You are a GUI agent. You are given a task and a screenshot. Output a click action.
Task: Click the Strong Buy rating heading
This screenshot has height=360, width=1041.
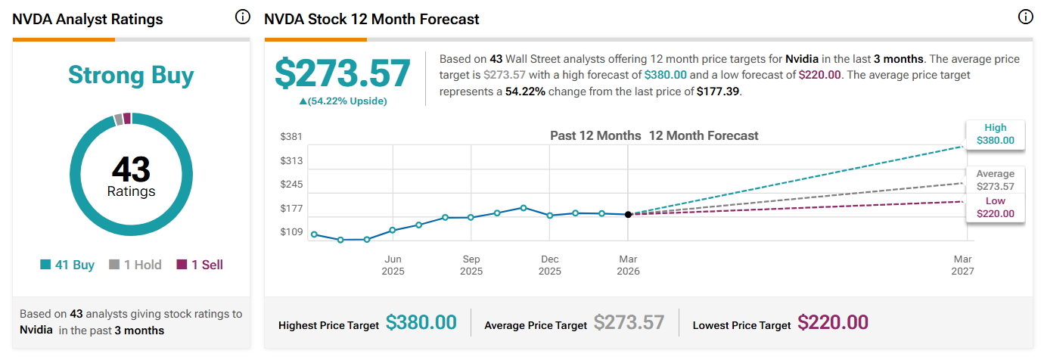coord(131,75)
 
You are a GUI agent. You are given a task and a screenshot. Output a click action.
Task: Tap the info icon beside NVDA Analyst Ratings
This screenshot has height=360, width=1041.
coord(242,17)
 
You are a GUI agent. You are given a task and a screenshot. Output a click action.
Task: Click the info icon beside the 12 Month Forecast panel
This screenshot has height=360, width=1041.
coord(1025,17)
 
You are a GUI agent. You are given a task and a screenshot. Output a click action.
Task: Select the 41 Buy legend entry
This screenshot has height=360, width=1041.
coord(67,265)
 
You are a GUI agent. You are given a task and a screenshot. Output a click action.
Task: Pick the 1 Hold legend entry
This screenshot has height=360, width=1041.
coord(135,265)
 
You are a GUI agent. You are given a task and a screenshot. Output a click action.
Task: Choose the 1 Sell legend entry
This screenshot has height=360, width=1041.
coord(200,265)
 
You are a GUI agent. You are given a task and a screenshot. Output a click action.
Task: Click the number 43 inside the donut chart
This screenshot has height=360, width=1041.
coord(131,168)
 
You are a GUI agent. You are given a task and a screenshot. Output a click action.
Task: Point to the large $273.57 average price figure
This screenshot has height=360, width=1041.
coord(342,74)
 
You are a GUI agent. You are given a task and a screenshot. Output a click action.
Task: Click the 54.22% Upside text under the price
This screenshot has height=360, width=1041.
coord(342,101)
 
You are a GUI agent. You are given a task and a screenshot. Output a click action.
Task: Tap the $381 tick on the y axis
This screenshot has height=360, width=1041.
coord(291,137)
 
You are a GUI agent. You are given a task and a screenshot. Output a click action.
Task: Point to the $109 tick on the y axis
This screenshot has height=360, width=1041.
coord(291,232)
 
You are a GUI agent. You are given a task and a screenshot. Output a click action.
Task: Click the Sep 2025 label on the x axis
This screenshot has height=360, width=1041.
coord(471,265)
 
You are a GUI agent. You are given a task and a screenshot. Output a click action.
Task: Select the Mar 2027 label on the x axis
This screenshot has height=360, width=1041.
coord(963,265)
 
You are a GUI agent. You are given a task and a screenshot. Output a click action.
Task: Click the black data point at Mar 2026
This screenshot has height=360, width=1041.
coord(628,215)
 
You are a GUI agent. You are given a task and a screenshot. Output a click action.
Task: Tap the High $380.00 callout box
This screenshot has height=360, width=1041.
coord(995,134)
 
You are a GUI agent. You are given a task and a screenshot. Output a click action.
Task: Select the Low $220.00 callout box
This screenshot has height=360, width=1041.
coord(995,208)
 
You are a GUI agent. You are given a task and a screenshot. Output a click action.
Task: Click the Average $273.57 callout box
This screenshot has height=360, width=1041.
coord(995,180)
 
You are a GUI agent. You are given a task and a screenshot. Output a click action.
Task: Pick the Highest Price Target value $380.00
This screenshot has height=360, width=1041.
coord(421,323)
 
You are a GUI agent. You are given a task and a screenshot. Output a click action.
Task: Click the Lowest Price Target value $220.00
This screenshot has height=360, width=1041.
coord(833,323)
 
